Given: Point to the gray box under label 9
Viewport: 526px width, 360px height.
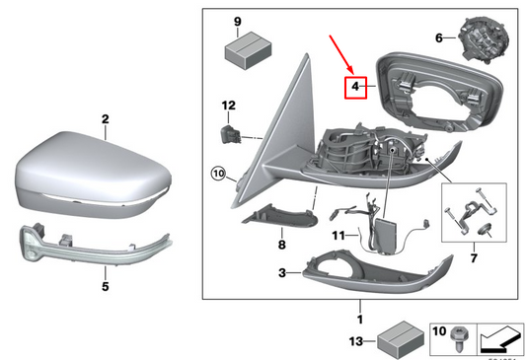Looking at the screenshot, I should (245, 49).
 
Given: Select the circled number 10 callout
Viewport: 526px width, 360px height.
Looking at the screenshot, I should (219, 176).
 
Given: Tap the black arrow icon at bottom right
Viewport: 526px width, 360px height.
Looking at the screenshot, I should (500, 339).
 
